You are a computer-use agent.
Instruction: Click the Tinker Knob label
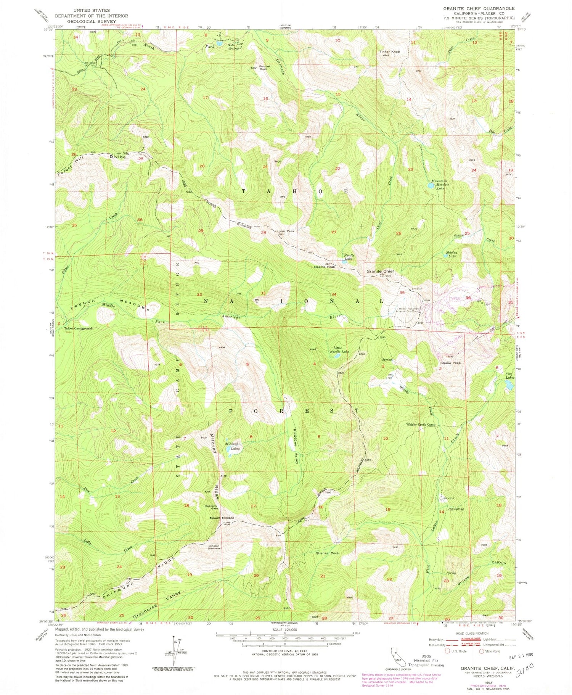point(389,51)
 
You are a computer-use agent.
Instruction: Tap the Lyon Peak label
point(286,231)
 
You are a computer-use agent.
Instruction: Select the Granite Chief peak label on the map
point(380,271)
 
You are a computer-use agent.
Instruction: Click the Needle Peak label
point(324,267)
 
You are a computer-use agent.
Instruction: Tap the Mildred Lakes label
point(232,446)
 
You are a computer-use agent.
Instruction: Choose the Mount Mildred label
point(222,518)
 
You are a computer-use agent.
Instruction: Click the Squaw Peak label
point(450,363)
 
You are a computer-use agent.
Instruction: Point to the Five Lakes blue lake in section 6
point(509,386)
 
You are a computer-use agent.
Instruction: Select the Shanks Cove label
point(327,553)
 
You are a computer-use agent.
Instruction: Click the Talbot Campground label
point(78,328)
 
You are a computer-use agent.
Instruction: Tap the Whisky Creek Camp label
point(420,425)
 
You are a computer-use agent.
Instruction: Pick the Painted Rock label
point(264,68)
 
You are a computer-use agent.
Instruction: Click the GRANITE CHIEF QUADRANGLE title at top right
point(478,8)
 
